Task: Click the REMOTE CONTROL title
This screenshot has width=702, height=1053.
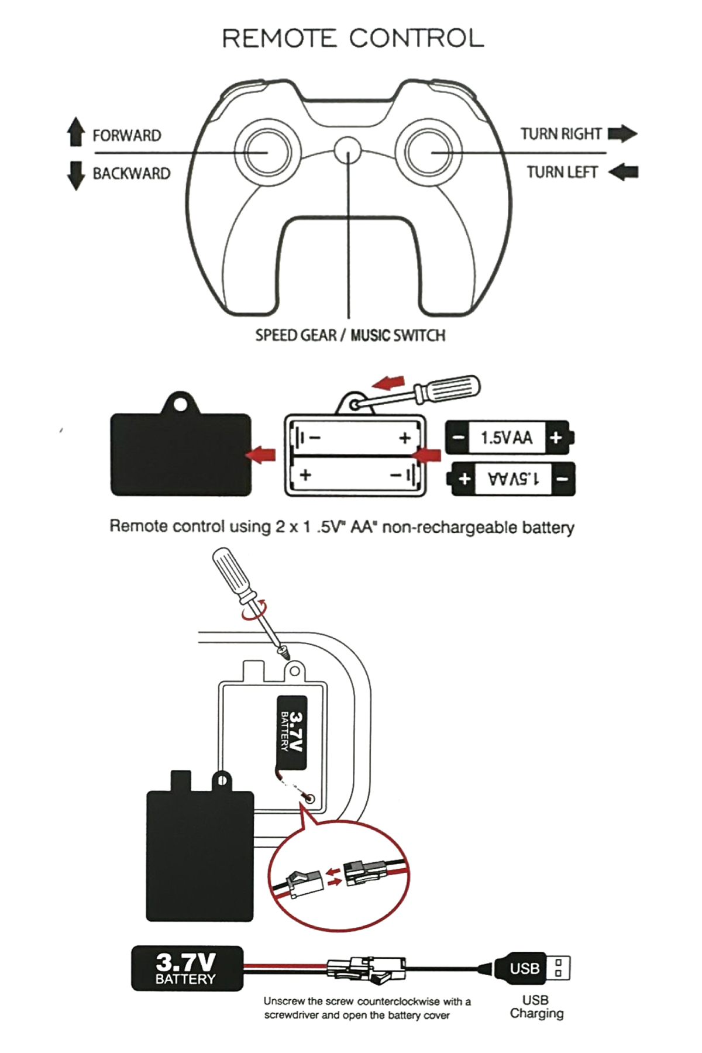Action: [x=353, y=39]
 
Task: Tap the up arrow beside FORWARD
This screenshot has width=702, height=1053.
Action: [x=75, y=132]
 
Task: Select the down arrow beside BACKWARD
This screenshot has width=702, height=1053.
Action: [x=75, y=175]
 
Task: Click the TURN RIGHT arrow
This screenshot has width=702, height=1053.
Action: [x=622, y=134]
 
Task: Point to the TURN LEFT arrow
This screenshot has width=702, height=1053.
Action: [x=623, y=172]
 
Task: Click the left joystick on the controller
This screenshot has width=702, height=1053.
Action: [x=262, y=152]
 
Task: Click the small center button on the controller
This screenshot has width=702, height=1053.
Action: [x=347, y=150]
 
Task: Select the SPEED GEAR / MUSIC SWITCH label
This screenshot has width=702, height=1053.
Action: [x=350, y=335]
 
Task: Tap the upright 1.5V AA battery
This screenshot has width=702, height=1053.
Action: [x=508, y=437]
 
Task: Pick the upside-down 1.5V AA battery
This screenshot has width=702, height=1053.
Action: [x=512, y=479]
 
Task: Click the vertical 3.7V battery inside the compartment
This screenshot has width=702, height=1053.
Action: [x=291, y=732]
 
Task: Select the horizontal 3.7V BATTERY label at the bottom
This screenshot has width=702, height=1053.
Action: [x=186, y=969]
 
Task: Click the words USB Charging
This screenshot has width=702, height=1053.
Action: [x=536, y=1007]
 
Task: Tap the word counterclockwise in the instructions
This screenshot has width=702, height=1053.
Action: [x=398, y=1001]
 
